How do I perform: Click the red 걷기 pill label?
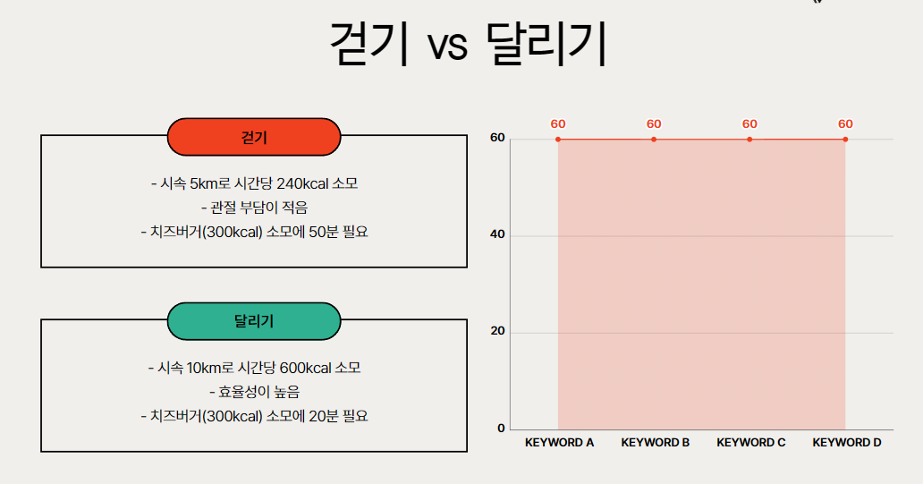point(254,137)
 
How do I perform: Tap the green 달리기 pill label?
point(254,322)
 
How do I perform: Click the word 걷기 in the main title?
point(369,44)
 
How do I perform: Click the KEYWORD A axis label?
point(559,442)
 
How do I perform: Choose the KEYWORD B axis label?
point(655,442)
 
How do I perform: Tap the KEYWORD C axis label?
point(750,442)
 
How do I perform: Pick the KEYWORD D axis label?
point(846,442)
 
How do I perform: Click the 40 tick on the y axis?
point(498,235)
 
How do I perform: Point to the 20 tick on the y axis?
point(498,331)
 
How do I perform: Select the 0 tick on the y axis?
point(501,428)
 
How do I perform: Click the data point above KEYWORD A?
point(558,140)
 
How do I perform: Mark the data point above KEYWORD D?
point(845,140)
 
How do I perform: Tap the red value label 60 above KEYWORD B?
point(654,124)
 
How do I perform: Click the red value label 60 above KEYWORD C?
point(749,124)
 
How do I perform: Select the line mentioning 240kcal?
point(254,184)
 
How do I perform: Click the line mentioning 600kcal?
point(254,368)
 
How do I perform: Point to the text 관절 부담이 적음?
point(254,208)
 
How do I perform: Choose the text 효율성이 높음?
point(254,392)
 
